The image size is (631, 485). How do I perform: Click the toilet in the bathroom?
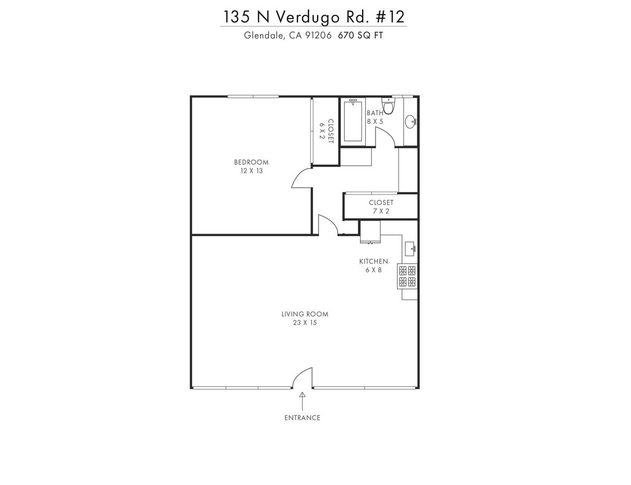point(388,106)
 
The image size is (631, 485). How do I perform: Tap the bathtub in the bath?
point(353,121)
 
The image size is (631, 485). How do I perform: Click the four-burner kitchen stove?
point(407,276)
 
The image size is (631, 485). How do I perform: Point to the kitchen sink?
point(410,249)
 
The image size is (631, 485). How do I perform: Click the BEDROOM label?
point(251,162)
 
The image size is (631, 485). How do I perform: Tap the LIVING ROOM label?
point(304,314)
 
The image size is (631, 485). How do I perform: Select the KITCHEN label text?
point(373,261)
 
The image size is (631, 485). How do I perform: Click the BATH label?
point(375,113)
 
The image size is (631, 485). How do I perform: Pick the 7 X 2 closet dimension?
point(381,211)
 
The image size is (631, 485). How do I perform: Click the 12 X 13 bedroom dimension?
point(252,171)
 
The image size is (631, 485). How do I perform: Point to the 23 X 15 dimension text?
point(304,322)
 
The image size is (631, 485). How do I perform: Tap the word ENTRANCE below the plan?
point(302,418)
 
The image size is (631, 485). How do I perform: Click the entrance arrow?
point(302,401)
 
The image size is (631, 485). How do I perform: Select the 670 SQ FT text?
point(360,35)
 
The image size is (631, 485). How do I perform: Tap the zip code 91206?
point(318,35)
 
